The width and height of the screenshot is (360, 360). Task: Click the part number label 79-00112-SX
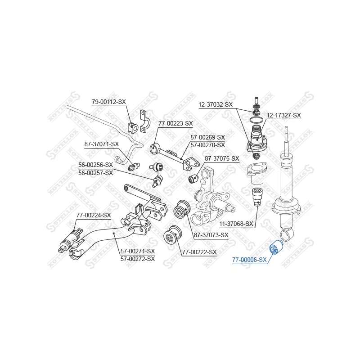coord(109,102)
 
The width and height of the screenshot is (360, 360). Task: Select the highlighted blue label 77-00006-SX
coord(249,260)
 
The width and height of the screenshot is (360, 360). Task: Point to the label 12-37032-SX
coord(216,104)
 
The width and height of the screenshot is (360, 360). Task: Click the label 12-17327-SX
coord(283,115)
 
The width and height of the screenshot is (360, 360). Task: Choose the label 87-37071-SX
coord(102,144)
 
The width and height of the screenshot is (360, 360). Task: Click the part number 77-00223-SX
coord(175,123)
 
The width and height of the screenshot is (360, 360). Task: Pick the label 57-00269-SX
coord(207,137)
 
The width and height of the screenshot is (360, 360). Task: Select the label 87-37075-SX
coord(222,158)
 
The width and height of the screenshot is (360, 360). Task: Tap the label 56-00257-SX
coord(95,172)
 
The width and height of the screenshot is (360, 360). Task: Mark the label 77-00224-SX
coord(93,215)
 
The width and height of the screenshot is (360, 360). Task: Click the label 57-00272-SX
coord(137,258)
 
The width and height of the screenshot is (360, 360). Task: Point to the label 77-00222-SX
coord(199,252)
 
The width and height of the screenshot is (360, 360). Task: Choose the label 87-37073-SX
coord(211,234)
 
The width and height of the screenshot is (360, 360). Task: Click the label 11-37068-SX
coord(236,224)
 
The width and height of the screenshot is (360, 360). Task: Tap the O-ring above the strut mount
coord(256,120)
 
